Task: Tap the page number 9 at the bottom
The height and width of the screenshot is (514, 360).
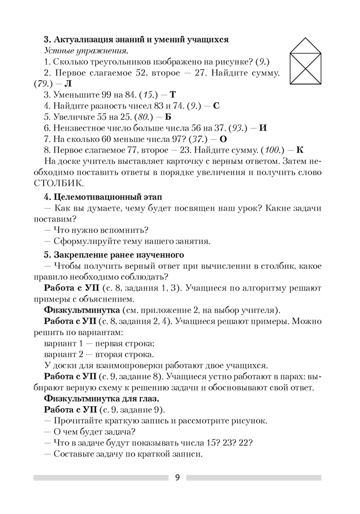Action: (x=177, y=478)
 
